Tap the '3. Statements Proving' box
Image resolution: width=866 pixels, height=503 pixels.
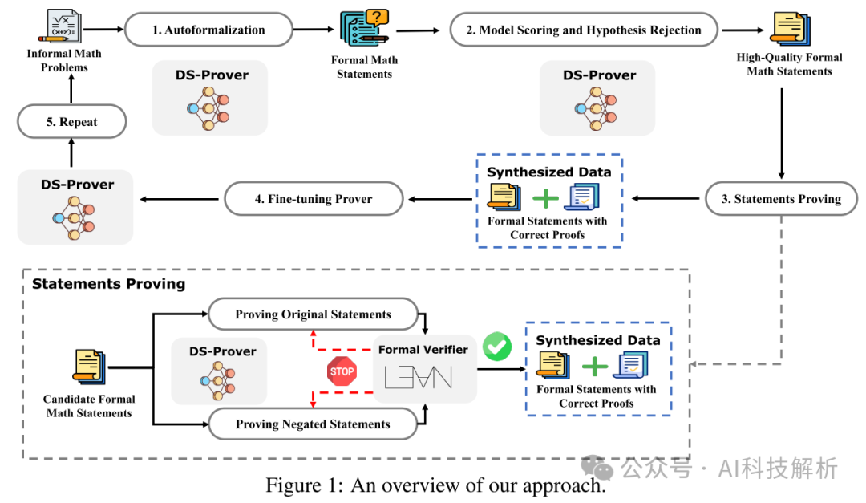tap(781, 199)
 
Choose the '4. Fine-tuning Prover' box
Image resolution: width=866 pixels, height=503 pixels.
tap(313, 199)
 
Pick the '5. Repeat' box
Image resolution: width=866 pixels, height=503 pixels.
tap(72, 123)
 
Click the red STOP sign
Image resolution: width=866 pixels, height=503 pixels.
tap(342, 371)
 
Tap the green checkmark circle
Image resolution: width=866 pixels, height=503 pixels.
tap(497, 347)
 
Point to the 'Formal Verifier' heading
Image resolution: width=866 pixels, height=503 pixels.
tap(423, 350)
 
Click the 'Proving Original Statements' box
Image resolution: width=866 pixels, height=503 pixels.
tap(313, 314)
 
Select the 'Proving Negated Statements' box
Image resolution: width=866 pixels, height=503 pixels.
tap(313, 424)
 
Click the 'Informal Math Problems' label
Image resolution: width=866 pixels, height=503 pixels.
tap(65, 61)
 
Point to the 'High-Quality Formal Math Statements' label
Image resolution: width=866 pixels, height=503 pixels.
tap(789, 64)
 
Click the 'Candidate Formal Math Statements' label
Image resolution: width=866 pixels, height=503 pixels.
tap(89, 406)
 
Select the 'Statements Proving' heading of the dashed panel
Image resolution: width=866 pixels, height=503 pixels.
tap(108, 284)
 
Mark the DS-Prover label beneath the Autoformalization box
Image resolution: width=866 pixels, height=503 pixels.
tap(212, 75)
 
